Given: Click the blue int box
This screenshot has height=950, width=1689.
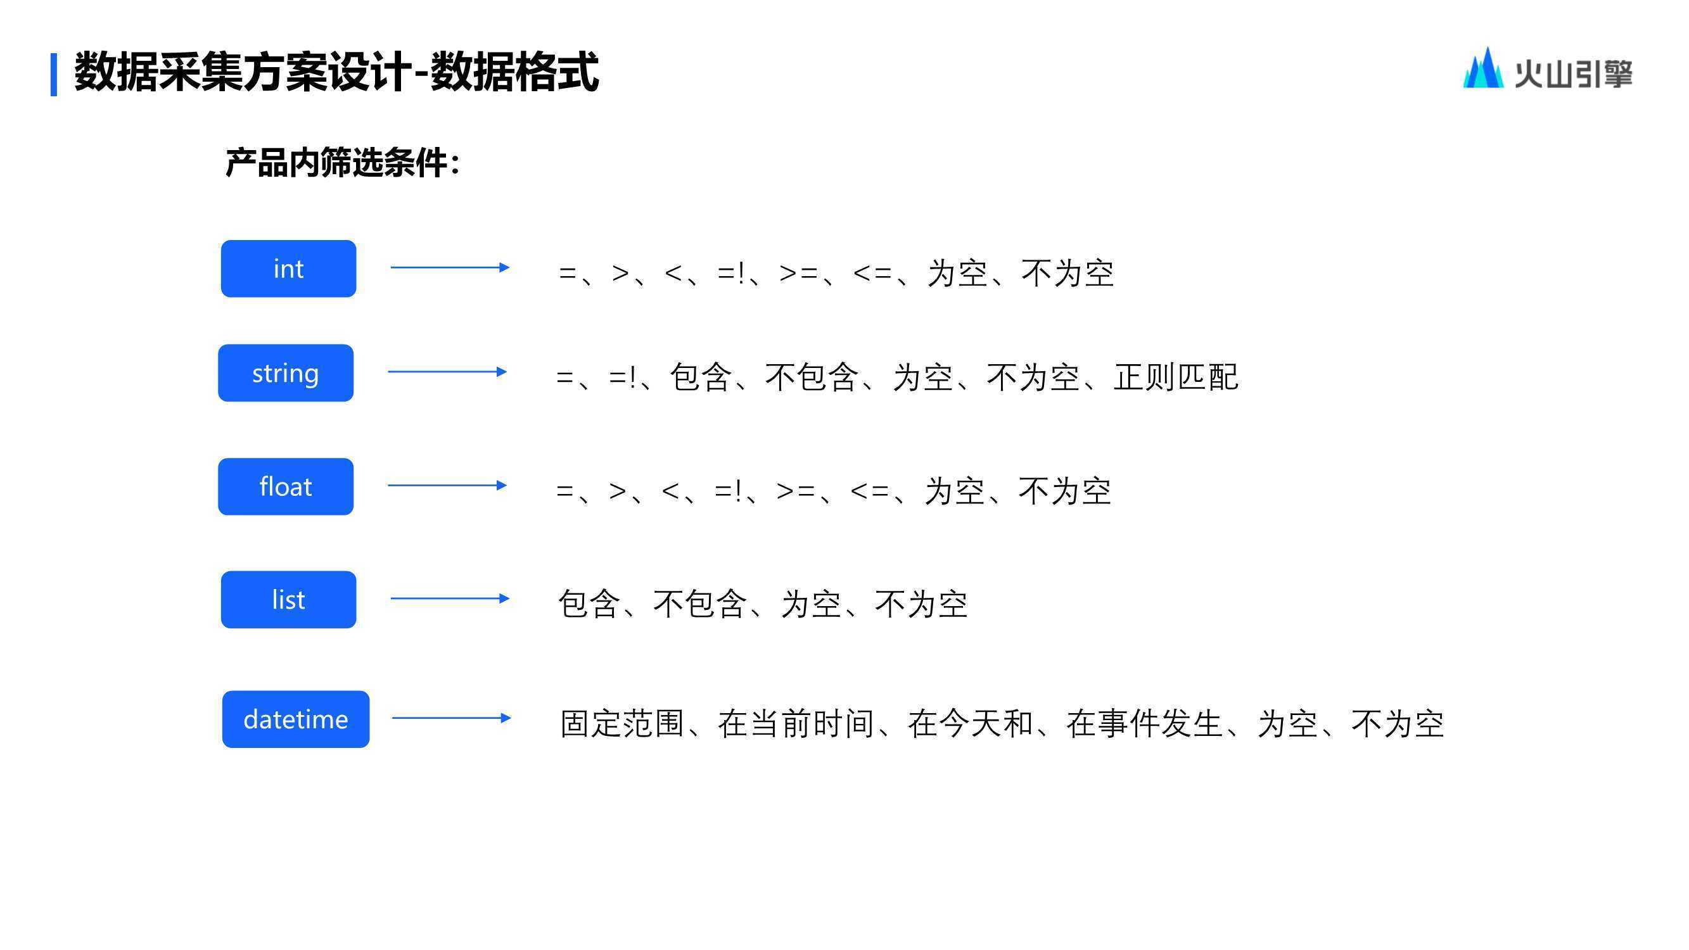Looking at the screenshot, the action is pos(288,269).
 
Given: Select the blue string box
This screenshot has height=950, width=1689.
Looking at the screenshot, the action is pos(286,373).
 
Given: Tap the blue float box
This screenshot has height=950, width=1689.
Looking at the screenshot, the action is pos(286,486).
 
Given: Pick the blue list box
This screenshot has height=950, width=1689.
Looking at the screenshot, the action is pos(288,600).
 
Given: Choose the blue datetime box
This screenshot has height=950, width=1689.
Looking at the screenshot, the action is pos(296,719).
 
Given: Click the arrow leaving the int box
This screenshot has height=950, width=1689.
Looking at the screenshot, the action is pos(450,267).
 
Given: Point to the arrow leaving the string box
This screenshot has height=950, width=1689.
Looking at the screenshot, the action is pos(447,372).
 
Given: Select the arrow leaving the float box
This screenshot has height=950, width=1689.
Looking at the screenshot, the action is pos(447,485).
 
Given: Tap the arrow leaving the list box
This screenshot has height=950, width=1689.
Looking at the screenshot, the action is pos(450,598).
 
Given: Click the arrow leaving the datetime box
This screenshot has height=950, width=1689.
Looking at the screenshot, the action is pos(451,718).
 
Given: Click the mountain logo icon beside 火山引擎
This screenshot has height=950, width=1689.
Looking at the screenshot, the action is pos(1483,68).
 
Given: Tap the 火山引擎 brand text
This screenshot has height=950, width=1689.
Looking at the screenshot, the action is pos(1573,73).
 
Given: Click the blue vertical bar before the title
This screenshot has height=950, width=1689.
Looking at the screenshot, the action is pos(54,75).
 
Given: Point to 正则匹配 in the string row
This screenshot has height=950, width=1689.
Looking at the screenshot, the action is pos(1176,377).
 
